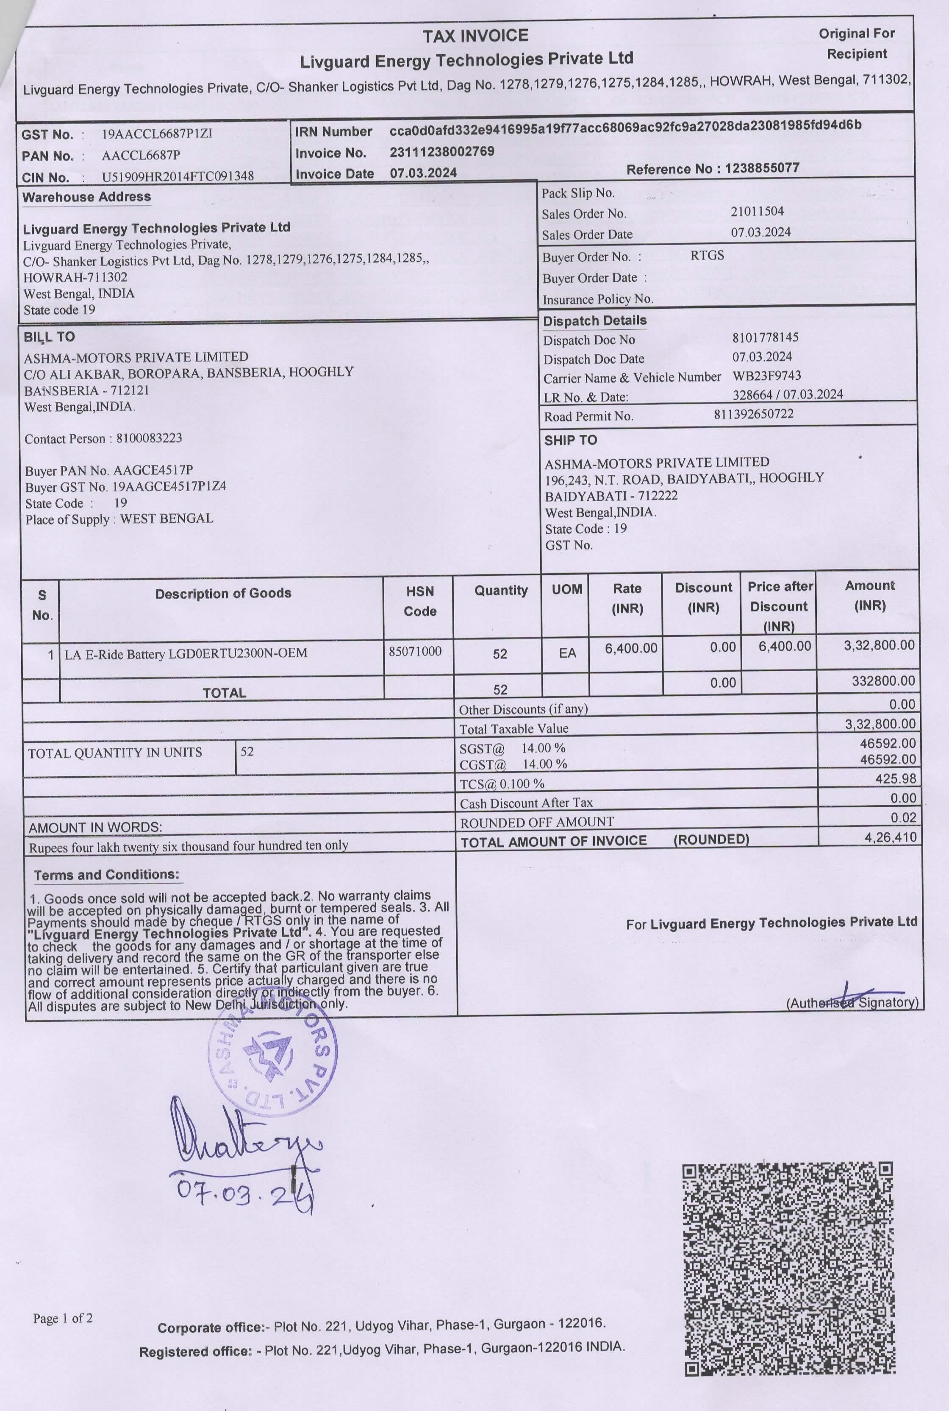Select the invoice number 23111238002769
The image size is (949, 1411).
pyautogui.click(x=442, y=151)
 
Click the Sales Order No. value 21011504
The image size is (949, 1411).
pyautogui.click(x=757, y=211)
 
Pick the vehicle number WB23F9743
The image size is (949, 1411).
pyautogui.click(x=766, y=376)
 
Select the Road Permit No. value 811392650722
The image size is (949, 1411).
pyautogui.click(x=754, y=414)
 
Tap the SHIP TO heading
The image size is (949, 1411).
pyautogui.click(x=570, y=440)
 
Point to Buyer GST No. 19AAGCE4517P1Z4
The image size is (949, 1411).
pyautogui.click(x=125, y=486)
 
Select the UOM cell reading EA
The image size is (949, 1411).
pyautogui.click(x=567, y=653)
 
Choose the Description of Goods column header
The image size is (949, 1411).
pyautogui.click(x=223, y=594)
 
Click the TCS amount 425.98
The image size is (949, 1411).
pyautogui.click(x=895, y=778)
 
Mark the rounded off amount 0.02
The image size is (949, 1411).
pyautogui.click(x=903, y=817)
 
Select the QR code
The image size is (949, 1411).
pyautogui.click(x=788, y=1269)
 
